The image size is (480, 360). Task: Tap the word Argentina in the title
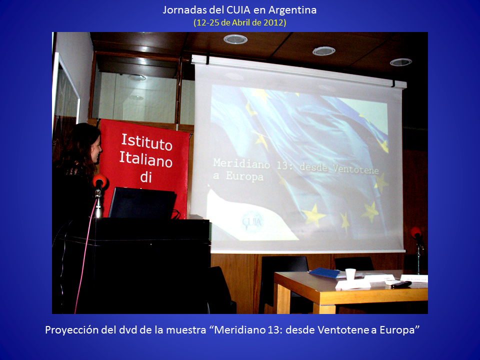[292, 10]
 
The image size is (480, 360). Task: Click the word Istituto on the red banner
[147, 142]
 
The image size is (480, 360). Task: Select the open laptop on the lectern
[142, 203]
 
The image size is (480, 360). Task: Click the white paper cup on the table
[350, 274]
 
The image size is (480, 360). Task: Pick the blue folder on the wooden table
[324, 273]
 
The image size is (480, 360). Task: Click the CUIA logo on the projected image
[252, 222]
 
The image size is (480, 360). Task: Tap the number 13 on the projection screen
[282, 165]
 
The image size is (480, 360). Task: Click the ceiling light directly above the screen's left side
[235, 39]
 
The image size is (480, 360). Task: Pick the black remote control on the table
[401, 284]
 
